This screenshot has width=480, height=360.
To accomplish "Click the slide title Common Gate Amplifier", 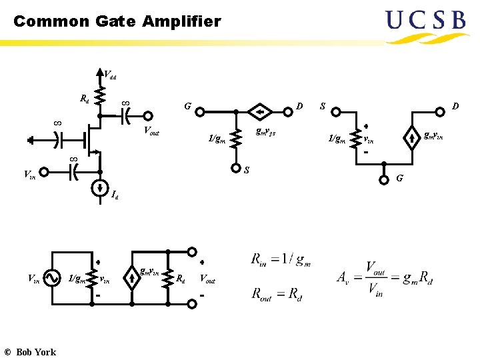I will (x=117, y=21).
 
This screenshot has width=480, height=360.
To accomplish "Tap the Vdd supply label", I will (x=110, y=75).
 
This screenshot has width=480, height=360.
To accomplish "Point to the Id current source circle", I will (x=99, y=186).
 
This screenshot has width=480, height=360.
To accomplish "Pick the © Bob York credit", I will (x=30, y=352).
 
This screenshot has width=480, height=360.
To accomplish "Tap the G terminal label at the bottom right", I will (x=399, y=179).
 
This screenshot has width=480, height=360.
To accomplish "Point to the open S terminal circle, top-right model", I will (x=337, y=111).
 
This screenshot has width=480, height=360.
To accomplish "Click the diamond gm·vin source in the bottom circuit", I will (x=132, y=278).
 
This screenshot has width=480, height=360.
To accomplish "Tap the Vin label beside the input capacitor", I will (x=29, y=175).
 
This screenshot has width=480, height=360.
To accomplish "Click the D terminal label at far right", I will (x=455, y=106).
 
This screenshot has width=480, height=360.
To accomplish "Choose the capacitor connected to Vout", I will (x=125, y=117).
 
